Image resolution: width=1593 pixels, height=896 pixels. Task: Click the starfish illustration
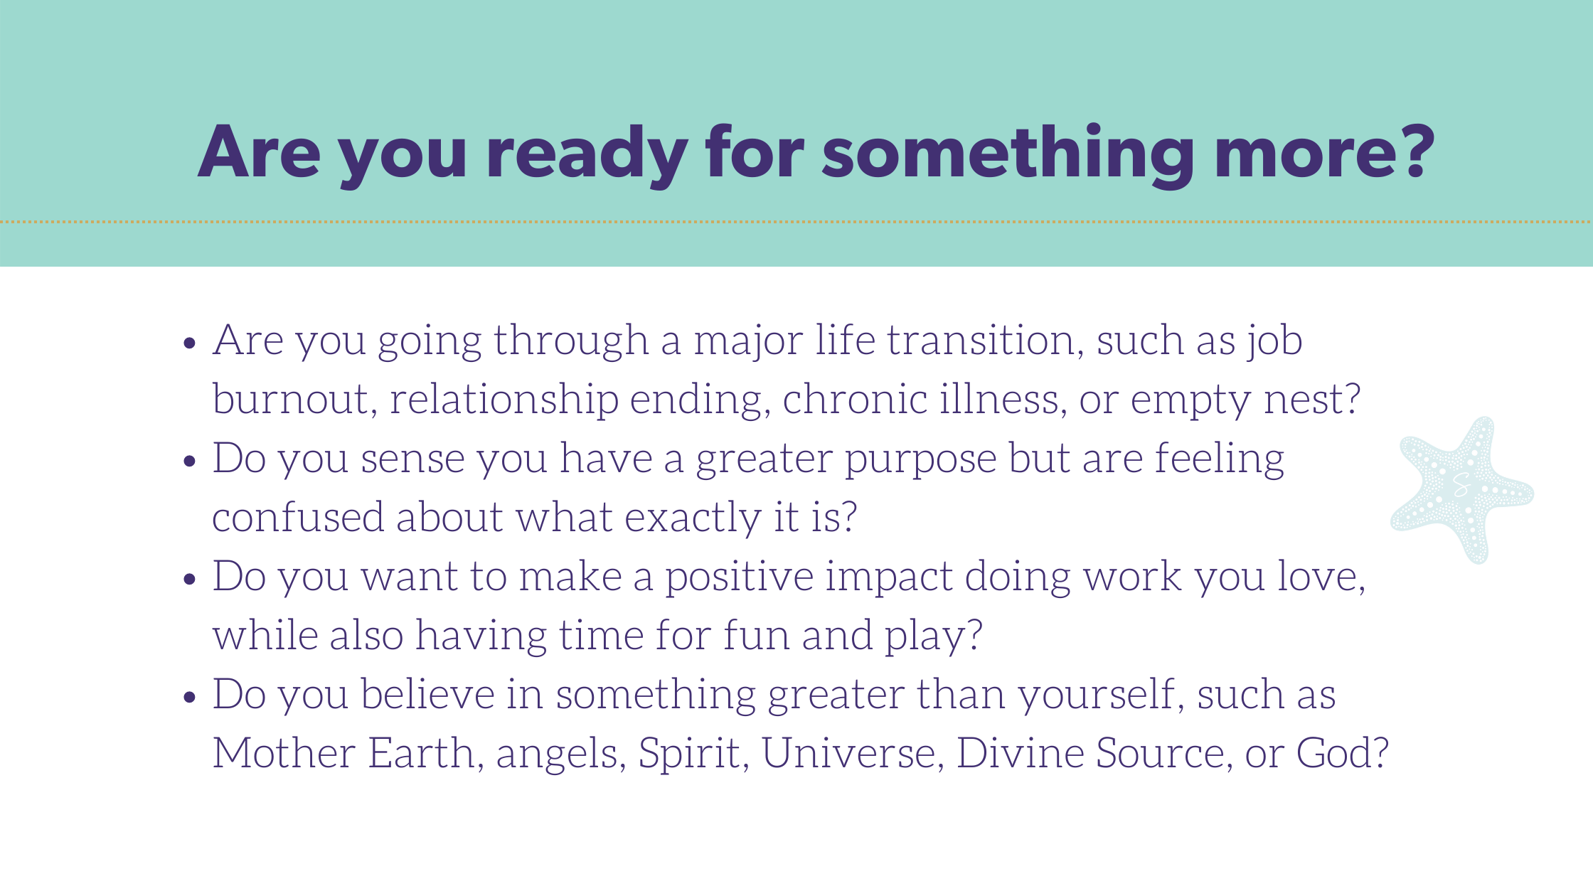(1462, 490)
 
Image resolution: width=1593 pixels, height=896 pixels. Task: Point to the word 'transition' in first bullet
(985, 340)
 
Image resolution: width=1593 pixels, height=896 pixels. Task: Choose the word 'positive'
(739, 577)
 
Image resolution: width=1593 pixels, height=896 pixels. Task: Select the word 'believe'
(427, 694)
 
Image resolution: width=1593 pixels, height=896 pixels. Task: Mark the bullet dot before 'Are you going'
(189, 343)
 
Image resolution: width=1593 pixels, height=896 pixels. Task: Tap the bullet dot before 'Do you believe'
(189, 698)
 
